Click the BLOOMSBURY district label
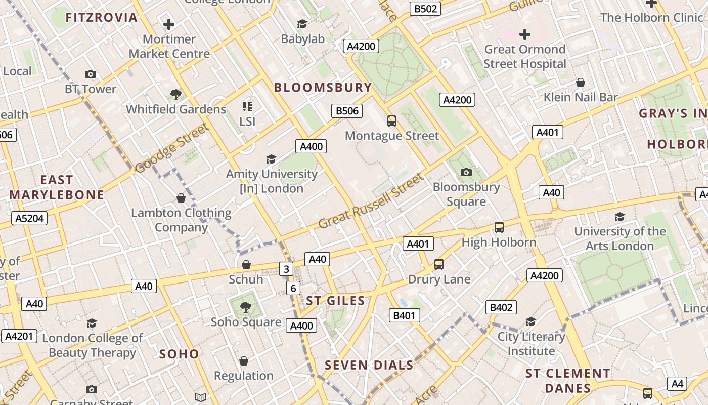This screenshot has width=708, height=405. point(323,87)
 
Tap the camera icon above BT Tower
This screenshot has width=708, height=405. point(91,74)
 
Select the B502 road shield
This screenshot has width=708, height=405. point(425,9)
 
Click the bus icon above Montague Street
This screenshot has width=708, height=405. point(392,121)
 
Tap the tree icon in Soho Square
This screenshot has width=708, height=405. point(245,307)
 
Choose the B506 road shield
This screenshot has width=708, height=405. point(347,111)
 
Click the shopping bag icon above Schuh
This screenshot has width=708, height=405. point(246,265)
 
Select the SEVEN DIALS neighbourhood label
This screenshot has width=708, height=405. point(369,365)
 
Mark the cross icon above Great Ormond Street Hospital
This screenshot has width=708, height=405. point(525,34)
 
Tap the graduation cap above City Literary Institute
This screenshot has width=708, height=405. point(530,322)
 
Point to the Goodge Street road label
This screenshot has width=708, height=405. point(172,148)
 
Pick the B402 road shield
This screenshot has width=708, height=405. point(501,307)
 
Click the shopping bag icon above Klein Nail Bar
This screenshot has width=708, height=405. point(581,83)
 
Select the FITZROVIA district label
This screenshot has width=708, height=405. point(102,18)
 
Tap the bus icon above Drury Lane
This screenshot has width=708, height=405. point(439,264)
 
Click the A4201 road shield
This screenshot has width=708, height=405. point(19,336)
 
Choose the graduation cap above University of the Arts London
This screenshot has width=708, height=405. point(619,217)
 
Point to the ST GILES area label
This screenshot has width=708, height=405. point(335,301)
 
